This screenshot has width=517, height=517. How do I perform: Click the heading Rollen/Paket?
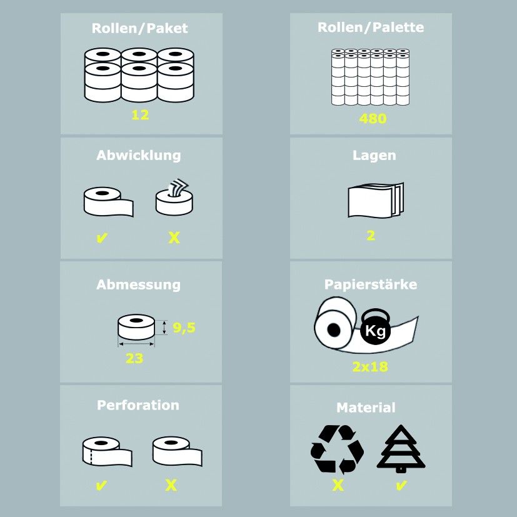tap(139, 28)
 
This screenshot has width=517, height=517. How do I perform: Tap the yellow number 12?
tap(140, 115)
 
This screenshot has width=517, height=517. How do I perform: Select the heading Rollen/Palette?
tap(371, 28)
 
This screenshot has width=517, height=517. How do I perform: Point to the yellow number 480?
tap(373, 119)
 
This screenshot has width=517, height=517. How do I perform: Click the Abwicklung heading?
tap(139, 155)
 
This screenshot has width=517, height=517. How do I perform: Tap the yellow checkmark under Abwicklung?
tap(102, 238)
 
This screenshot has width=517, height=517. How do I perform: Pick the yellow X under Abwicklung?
tap(174, 238)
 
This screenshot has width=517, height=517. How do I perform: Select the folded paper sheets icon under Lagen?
tap(376, 200)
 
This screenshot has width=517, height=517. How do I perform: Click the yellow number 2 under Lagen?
tap(371, 236)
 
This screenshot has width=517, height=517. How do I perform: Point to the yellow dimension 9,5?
tap(184, 328)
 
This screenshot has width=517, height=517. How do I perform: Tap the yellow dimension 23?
tap(134, 358)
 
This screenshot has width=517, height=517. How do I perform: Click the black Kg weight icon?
tap(376, 326)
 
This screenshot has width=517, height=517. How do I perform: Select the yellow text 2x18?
tap(370, 366)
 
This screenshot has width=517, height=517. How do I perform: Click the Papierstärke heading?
tap(371, 284)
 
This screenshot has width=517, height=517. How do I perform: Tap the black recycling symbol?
tap(337, 449)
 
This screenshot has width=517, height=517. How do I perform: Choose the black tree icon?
tap(401, 448)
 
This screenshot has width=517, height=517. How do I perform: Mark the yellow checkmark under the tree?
tap(401, 486)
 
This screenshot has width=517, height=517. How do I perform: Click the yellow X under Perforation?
tap(171, 486)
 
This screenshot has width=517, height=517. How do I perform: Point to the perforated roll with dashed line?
tap(107, 451)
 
